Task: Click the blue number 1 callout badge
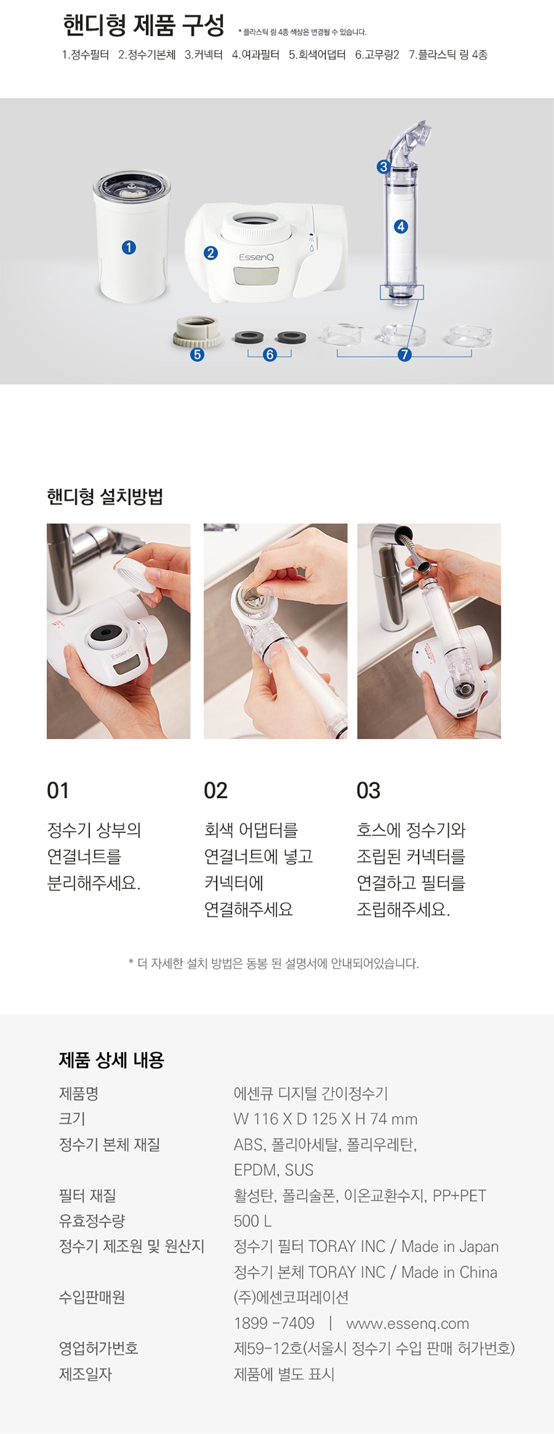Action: pyautogui.click(x=129, y=248)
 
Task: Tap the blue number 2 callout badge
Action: pyautogui.click(x=211, y=253)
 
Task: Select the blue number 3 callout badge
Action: pyautogui.click(x=383, y=167)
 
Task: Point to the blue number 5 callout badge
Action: pyautogui.click(x=197, y=355)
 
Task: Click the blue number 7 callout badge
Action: pyautogui.click(x=405, y=355)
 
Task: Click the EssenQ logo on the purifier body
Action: pyautogui.click(x=256, y=257)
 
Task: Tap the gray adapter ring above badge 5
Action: pyautogui.click(x=196, y=331)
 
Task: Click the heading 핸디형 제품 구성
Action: pyautogui.click(x=144, y=25)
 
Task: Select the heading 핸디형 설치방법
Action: pyautogui.click(x=105, y=497)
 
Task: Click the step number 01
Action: pyautogui.click(x=58, y=791)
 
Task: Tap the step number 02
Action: pyautogui.click(x=216, y=791)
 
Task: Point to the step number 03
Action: pyautogui.click(x=368, y=791)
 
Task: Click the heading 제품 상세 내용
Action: pyautogui.click(x=111, y=1060)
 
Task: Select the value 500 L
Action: pyautogui.click(x=253, y=1221)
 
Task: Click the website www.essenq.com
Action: pyautogui.click(x=407, y=1323)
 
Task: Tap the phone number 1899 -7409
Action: pyautogui.click(x=274, y=1323)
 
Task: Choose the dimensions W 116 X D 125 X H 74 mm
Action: pyautogui.click(x=325, y=1119)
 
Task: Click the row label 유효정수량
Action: pyautogui.click(x=92, y=1221)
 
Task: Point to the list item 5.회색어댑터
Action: pyautogui.click(x=317, y=55)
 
